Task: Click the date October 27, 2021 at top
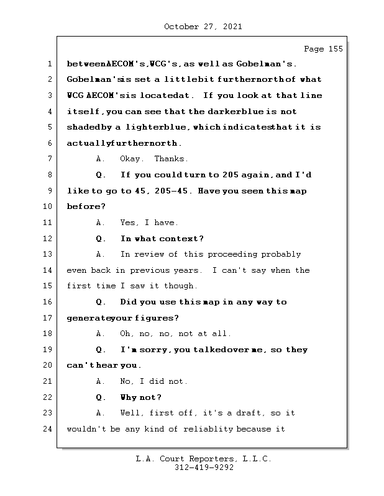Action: tap(203, 27)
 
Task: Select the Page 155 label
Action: tap(323, 50)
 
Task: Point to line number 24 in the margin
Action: tap(47, 429)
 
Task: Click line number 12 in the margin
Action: tap(47, 239)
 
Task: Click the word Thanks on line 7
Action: tap(171, 159)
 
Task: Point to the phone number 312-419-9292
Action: tap(204, 468)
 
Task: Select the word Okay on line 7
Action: tap(131, 159)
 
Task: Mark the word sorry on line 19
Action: tap(153, 350)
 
